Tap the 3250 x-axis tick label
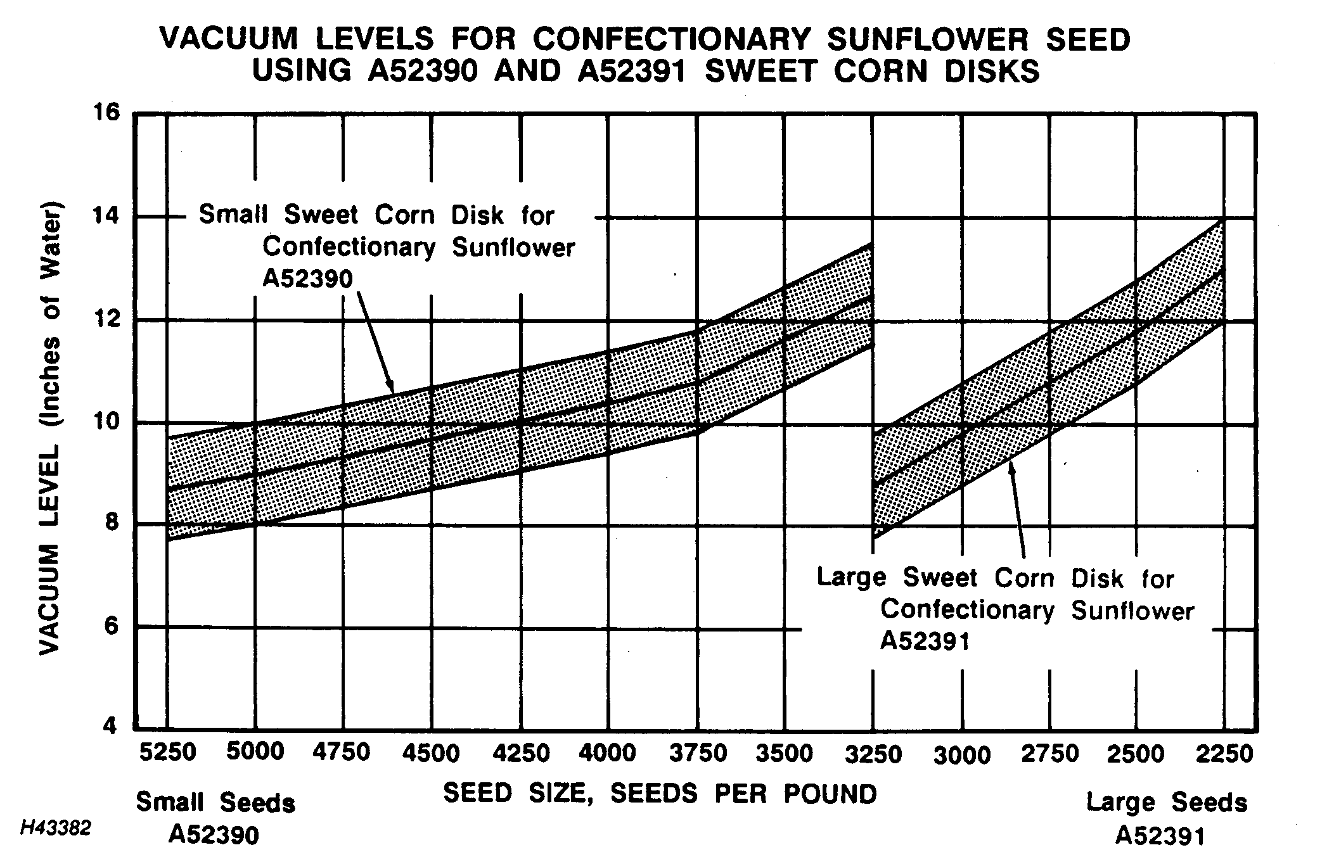pyautogui.click(x=874, y=754)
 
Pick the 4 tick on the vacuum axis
pyautogui.click(x=110, y=726)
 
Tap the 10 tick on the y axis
pyautogui.click(x=106, y=421)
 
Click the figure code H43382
pyautogui.click(x=56, y=828)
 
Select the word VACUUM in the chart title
pyautogui.click(x=229, y=39)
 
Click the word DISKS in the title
pyautogui.click(x=992, y=71)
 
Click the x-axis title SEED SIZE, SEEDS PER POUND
pyautogui.click(x=660, y=793)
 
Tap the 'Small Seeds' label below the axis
pyautogui.click(x=215, y=803)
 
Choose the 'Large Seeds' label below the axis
pyautogui.click(x=1167, y=803)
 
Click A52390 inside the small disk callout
pyautogui.click(x=307, y=278)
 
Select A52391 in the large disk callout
pyautogui.click(x=925, y=641)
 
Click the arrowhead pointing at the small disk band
pyautogui.click(x=391, y=388)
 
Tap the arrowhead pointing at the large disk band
pyautogui.click(x=1011, y=467)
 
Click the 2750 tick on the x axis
pyautogui.click(x=1050, y=754)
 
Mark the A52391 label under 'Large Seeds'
pyautogui.click(x=1160, y=835)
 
